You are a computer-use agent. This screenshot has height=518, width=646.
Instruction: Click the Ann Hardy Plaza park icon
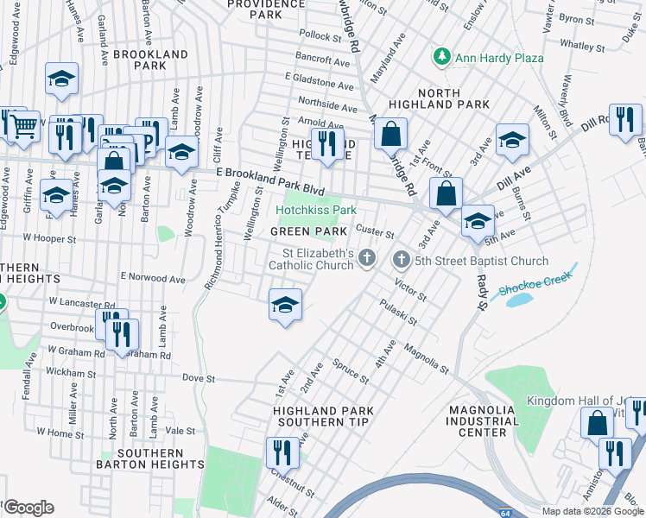click(x=442, y=57)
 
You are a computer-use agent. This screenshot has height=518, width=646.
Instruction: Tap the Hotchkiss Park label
click(x=316, y=210)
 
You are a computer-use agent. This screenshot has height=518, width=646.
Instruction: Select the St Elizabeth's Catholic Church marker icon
click(x=368, y=257)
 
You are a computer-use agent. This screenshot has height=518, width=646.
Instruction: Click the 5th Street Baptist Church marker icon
click(x=401, y=260)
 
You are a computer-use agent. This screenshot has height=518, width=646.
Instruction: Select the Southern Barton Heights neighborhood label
click(x=150, y=458)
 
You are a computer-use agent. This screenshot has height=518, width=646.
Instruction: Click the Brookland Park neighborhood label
click(x=149, y=60)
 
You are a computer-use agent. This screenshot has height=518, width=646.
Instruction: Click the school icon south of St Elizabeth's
click(x=285, y=305)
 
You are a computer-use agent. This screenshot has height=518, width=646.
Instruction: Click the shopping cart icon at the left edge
click(x=23, y=125)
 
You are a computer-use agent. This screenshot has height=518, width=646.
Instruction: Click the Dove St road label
click(x=198, y=377)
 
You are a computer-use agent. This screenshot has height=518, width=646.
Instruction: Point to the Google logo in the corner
click(x=29, y=508)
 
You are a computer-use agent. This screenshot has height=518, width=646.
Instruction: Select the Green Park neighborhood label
click(x=308, y=232)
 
